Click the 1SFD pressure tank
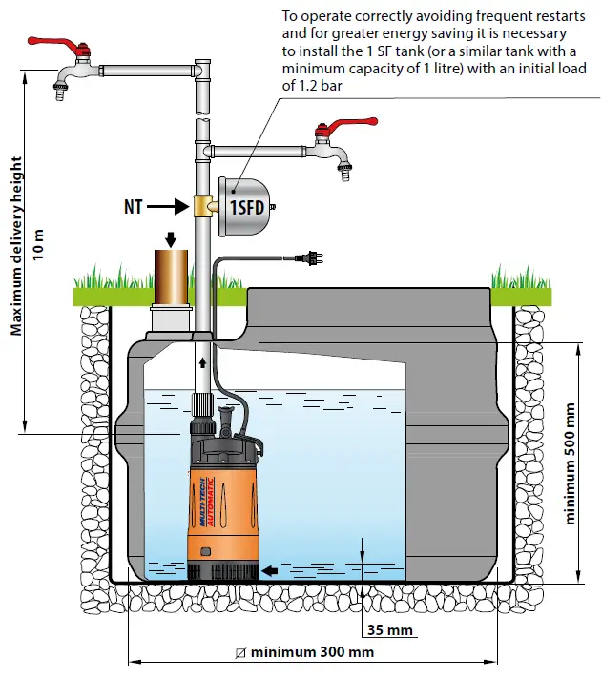pyautogui.click(x=246, y=206)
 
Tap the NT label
pyautogui.click(x=136, y=205)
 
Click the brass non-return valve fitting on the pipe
pyautogui.click(x=203, y=206)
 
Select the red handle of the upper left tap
pyautogui.click(x=80, y=53)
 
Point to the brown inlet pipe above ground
pyautogui.click(x=173, y=276)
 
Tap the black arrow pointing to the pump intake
pyautogui.click(x=271, y=570)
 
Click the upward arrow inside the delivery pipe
pyautogui.click(x=202, y=363)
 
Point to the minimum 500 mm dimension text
pyautogui.click(x=571, y=462)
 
